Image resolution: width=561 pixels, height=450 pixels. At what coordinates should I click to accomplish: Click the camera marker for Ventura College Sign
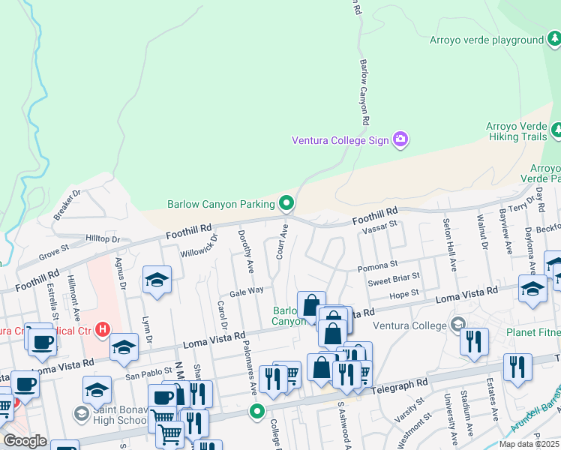400,139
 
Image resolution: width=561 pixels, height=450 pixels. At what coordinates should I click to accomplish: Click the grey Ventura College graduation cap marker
457,325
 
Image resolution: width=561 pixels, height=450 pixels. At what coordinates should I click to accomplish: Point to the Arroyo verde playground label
486,40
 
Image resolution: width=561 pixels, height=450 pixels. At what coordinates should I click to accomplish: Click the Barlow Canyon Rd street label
365,92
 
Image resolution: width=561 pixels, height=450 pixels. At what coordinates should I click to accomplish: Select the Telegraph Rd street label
402,382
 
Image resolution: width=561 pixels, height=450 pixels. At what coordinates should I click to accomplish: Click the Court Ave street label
282,241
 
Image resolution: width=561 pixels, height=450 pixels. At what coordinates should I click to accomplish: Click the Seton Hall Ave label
449,245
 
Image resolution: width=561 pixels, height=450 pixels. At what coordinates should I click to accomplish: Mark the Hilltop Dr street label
103,238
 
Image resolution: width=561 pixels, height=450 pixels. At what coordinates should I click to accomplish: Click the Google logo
25,440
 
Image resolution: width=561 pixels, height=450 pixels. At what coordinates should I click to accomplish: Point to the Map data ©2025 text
529,444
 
